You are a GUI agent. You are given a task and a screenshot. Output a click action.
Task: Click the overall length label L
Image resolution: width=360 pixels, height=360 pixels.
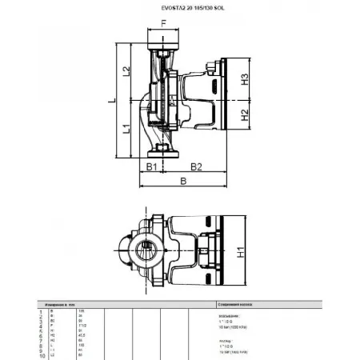tap(112, 100)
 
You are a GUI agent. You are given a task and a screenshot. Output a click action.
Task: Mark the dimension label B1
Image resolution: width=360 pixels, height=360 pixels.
tap(150, 166)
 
